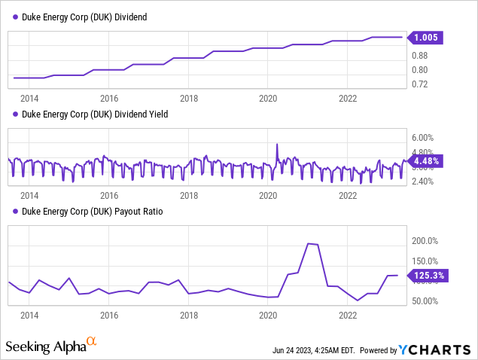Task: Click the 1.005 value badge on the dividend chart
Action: [x=427, y=37]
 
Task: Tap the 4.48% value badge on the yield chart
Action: [x=427, y=160]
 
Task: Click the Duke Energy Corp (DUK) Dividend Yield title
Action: [x=87, y=114]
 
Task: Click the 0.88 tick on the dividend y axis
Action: [x=420, y=56]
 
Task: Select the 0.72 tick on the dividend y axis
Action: [x=420, y=84]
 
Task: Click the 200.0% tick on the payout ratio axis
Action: [x=425, y=241]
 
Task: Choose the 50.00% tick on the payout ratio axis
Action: [x=425, y=301]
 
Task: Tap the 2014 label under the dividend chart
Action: [x=29, y=98]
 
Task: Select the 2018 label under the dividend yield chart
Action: [x=189, y=195]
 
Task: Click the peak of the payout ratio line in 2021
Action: [x=309, y=243]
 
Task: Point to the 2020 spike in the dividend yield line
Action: [x=277, y=144]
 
